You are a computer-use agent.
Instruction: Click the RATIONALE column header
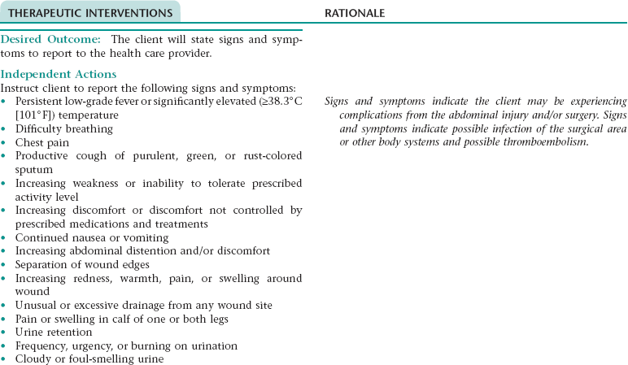355,14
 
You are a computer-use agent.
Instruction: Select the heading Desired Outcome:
53,40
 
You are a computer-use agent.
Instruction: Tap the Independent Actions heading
59,75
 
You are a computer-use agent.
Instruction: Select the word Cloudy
34,359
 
